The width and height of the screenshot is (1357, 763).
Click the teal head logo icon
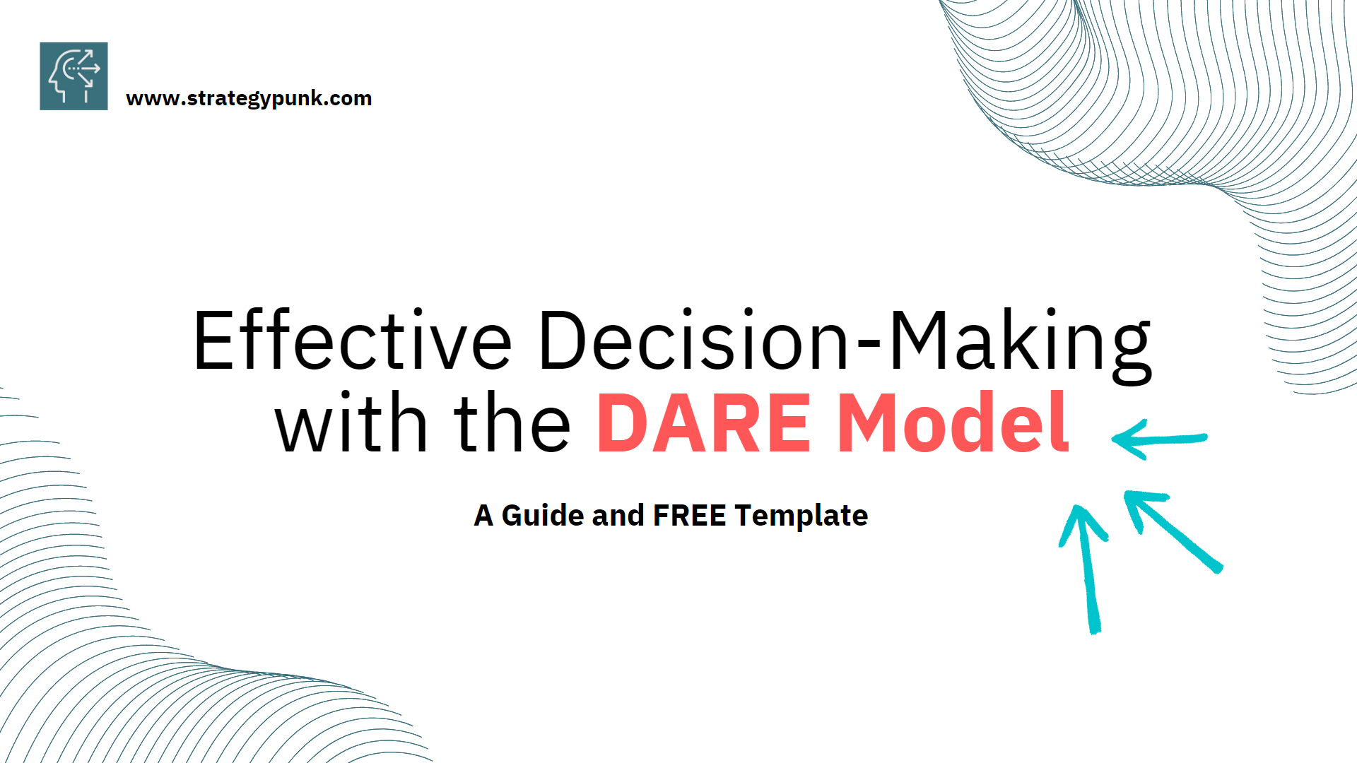74,76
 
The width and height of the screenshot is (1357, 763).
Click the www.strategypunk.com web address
249,98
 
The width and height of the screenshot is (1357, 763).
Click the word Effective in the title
352,341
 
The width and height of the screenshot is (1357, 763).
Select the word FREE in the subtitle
689,516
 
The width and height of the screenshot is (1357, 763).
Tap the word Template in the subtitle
801,516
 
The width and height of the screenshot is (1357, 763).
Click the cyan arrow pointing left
1159,439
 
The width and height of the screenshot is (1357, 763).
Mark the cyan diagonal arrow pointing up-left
1173,530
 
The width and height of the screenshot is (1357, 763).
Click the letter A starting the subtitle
483,516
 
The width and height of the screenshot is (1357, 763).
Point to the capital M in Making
917,341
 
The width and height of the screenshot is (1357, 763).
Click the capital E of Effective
214,341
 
